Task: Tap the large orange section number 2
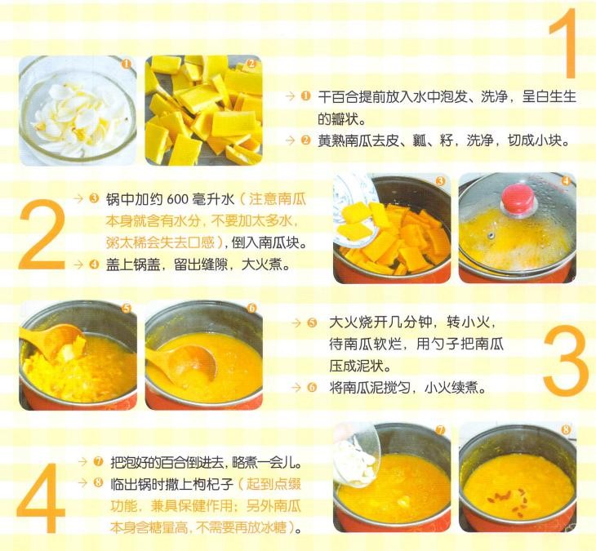(42, 234)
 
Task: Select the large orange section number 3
(566, 359)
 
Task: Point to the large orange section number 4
(41, 498)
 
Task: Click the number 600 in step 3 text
(178, 199)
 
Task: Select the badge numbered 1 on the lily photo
(127, 64)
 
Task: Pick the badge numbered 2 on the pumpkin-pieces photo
(251, 64)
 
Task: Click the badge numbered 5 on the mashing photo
(127, 309)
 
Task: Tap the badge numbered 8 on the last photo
(566, 429)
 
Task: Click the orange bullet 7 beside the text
(98, 462)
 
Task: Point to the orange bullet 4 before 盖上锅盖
(94, 264)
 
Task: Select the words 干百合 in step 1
(338, 97)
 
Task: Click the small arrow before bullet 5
(296, 323)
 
